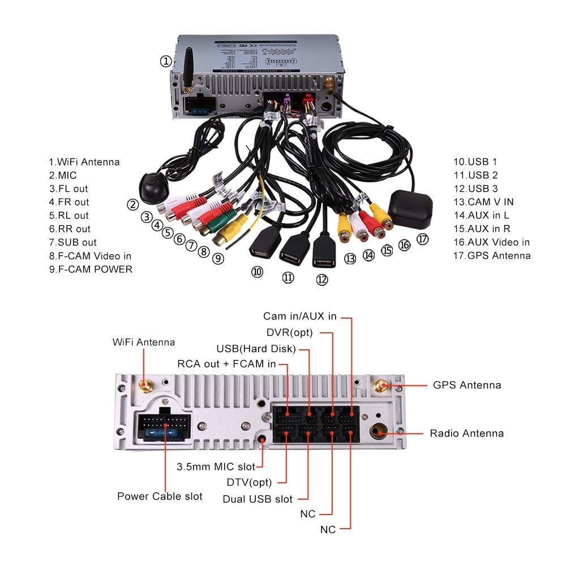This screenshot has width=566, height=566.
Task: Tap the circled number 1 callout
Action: pos(165,61)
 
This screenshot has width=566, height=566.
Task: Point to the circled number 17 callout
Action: pos(423,239)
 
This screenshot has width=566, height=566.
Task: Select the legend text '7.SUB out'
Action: pos(72,242)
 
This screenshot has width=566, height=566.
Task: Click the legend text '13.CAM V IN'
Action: pos(483,201)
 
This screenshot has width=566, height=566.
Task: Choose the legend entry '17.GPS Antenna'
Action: pos(492,255)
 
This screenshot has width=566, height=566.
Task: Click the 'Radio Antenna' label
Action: pos(466,434)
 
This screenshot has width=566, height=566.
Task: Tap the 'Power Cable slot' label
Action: pos(160,496)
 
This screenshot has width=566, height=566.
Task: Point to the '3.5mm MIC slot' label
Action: pos(216,466)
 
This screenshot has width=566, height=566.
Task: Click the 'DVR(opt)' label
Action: pos(289,332)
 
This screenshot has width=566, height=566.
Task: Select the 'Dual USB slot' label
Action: pos(258,499)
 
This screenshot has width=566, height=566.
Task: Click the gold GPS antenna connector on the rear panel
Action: pos(379,386)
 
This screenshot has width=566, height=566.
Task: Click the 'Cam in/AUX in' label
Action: pos(300,316)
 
